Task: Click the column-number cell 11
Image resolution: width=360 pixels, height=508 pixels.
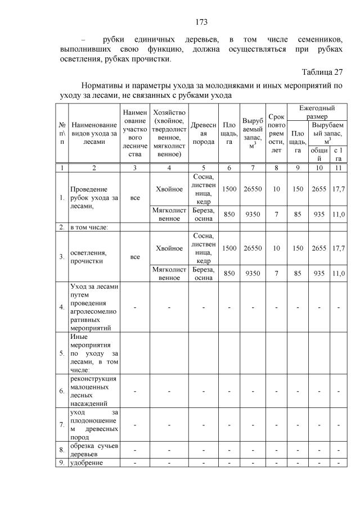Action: coord(338,167)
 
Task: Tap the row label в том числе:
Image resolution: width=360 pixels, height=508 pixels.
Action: coord(89,227)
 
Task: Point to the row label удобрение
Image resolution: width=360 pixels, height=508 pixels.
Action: coord(85,462)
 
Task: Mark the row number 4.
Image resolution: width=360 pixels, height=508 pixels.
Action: coord(61,307)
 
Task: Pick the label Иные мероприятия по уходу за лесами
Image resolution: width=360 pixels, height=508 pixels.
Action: coord(93,353)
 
